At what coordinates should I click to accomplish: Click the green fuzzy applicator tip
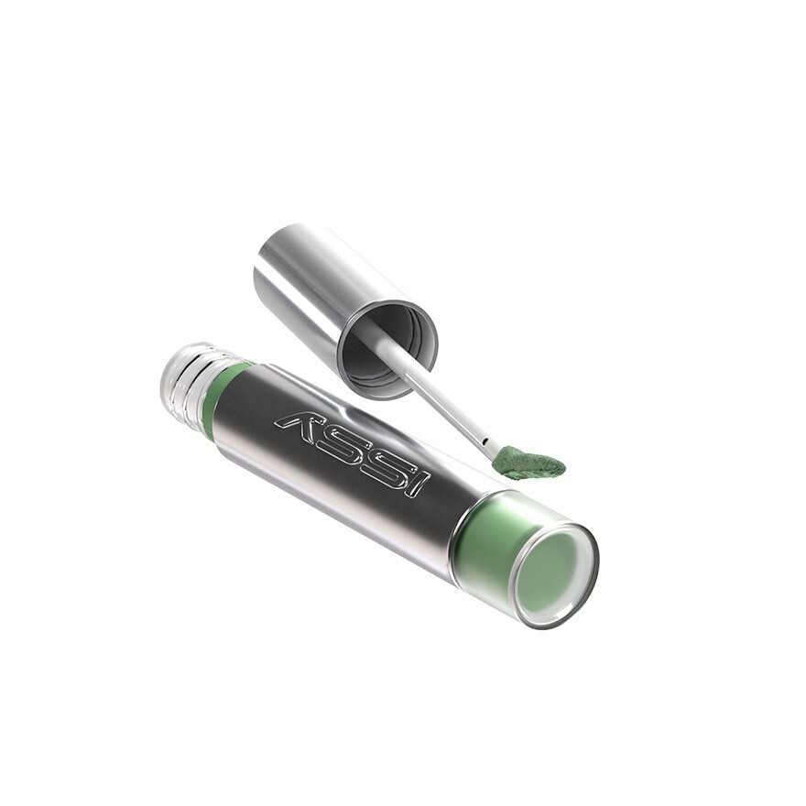click(528, 463)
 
